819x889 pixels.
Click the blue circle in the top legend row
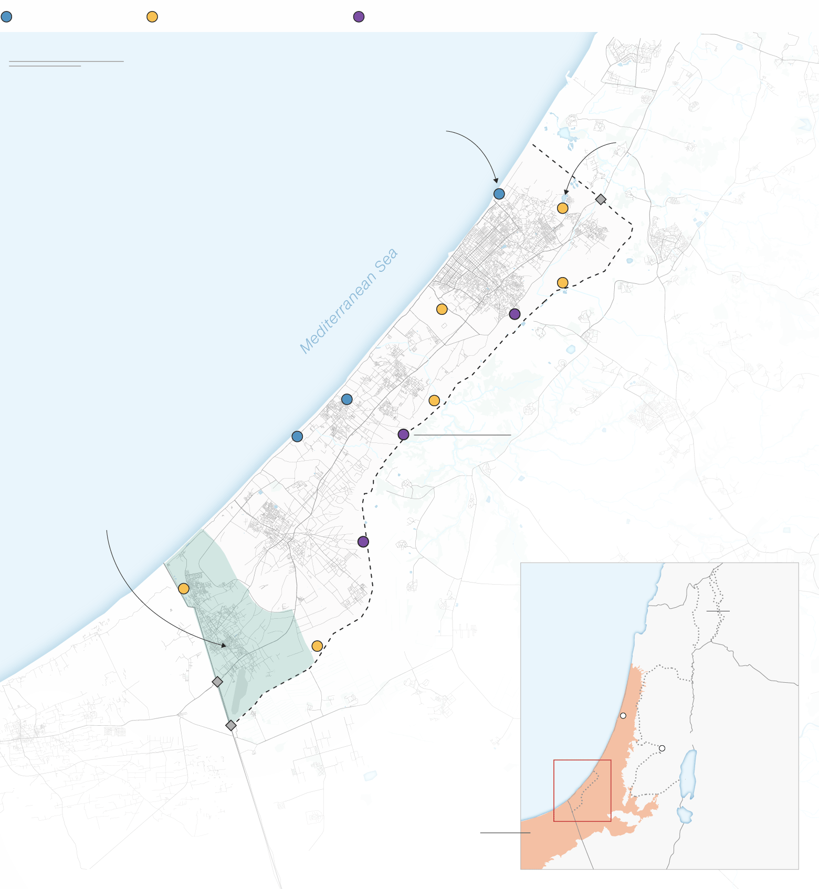[6, 17]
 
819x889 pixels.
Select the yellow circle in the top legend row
[152, 17]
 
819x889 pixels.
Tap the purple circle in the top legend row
[359, 17]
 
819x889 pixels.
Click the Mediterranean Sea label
[349, 301]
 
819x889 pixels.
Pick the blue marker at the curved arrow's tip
[499, 194]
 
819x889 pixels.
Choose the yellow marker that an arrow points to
[562, 208]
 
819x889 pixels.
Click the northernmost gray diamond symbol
[601, 199]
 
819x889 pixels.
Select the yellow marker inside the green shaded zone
[183, 588]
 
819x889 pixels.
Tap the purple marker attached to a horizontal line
[403, 435]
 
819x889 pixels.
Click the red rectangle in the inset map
[582, 790]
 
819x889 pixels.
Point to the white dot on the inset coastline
[623, 715]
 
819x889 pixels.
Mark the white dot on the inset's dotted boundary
[662, 748]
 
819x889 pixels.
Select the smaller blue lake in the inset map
[685, 814]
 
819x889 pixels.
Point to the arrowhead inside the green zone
[224, 645]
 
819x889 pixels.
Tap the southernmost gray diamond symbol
[230, 725]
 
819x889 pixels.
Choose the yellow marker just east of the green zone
[317, 645]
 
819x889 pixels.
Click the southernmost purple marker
[363, 542]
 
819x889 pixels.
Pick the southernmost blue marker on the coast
[297, 436]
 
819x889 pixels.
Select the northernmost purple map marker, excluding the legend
[514, 314]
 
